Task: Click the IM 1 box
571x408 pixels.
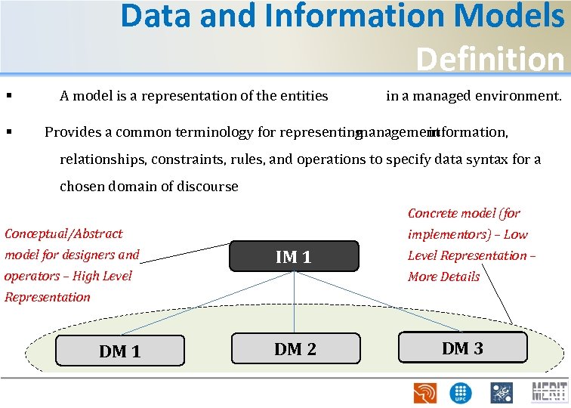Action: (x=292, y=257)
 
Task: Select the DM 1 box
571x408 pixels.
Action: (x=120, y=351)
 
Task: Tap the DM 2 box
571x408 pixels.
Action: (x=295, y=348)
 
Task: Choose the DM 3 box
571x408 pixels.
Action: (x=461, y=348)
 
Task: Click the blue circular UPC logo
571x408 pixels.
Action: (x=459, y=393)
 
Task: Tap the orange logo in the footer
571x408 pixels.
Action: (x=424, y=393)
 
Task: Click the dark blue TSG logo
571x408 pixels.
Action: (x=501, y=392)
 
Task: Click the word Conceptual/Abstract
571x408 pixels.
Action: (x=63, y=233)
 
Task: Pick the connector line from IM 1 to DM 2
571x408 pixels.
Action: (x=293, y=302)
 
